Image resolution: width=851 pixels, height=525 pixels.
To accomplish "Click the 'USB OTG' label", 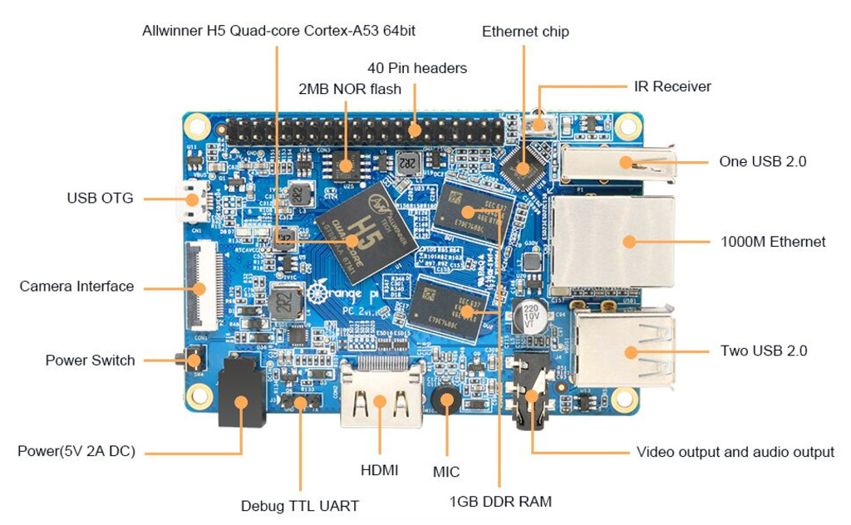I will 100,199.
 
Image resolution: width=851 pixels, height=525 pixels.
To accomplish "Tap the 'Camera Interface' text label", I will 76,287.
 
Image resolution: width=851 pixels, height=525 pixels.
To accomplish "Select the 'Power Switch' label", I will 90,361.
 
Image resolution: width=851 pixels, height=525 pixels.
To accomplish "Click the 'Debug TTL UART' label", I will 299,505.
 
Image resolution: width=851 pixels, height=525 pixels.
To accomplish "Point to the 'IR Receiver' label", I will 672,86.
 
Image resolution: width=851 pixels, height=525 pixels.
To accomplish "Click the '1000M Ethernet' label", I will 773,242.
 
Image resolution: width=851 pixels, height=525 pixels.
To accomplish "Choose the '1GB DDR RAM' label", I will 500,502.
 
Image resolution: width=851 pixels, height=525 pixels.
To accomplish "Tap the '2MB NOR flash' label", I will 349,89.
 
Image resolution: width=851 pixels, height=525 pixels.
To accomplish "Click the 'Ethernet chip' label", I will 525,32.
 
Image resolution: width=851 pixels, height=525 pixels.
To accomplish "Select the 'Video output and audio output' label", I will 735,452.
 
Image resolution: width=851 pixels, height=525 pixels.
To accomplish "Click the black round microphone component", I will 446,401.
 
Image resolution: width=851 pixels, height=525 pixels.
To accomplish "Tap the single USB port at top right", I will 617,162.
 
